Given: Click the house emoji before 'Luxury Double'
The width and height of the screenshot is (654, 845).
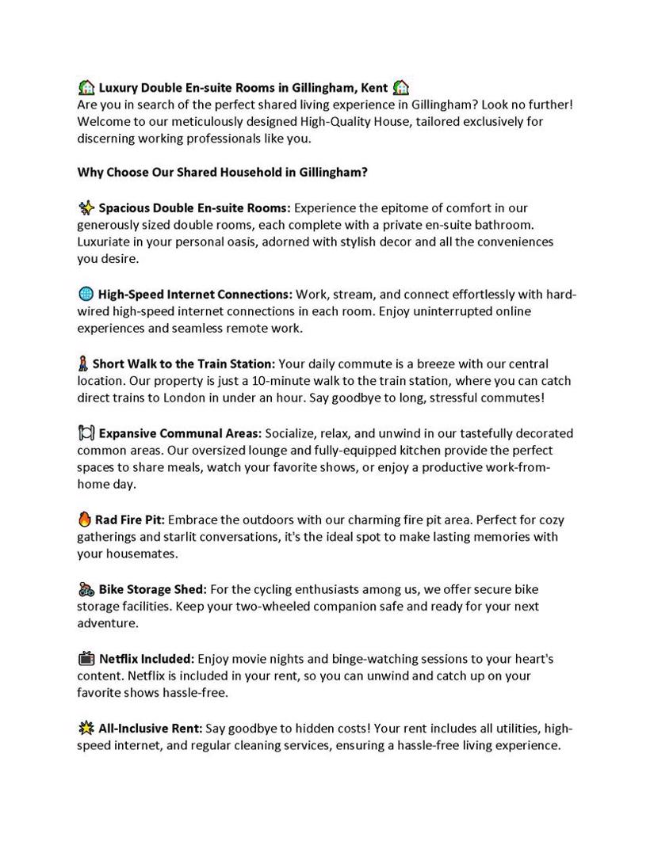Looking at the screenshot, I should pos(86,87).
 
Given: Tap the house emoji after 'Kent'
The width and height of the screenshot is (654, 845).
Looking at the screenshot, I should pos(401,87).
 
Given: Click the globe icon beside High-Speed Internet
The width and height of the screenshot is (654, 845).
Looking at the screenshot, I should pos(86,295).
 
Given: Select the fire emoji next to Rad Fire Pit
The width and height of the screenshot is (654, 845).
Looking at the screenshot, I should pos(85,520).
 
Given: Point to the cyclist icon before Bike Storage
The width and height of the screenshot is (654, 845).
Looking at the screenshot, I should pos(86,589).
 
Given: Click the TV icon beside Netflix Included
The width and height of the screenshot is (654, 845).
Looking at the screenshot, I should pos(86,658).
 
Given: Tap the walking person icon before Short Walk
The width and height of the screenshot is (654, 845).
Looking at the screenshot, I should pos(82,364).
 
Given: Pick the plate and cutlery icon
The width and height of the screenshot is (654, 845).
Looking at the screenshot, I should pos(86,433).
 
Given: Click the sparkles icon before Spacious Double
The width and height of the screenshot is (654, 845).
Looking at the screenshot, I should pos(86,208).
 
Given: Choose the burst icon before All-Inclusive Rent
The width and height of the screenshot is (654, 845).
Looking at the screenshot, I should pos(86,728).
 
